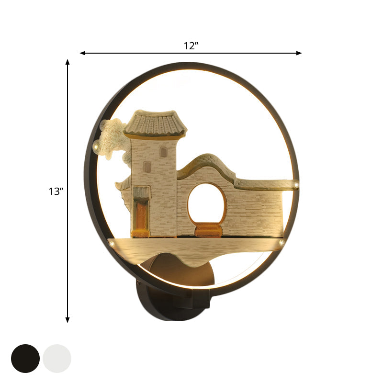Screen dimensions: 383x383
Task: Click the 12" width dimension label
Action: pos(191,46)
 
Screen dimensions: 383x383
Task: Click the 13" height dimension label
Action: pos(56,191)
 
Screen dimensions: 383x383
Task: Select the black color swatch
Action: pos(25,358)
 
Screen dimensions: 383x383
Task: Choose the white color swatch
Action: pos(57,358)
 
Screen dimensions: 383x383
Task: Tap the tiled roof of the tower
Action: pos(155,124)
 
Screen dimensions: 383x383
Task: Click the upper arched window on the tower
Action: pos(164,152)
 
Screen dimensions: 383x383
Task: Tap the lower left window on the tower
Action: pos(147,167)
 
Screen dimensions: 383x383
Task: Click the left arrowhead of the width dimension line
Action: pos(82,53)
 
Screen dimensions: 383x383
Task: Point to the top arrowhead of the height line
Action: pos(68,62)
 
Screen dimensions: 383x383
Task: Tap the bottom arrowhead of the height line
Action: pos(68,319)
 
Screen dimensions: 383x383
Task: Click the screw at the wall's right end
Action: pos(297,184)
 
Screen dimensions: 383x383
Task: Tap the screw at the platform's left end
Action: pos(112,244)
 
